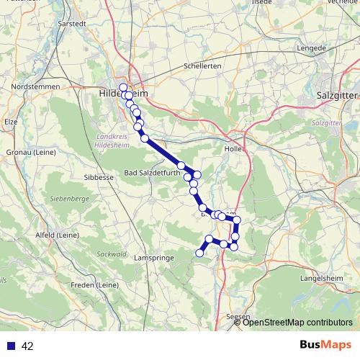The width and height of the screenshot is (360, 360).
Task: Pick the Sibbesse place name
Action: pyautogui.click(x=99, y=176)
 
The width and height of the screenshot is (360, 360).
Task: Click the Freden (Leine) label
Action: pyautogui.click(x=96, y=285)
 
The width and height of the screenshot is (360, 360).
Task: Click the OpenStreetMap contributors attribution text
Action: pyautogui.click(x=297, y=323)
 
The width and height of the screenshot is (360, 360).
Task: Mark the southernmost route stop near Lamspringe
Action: pyautogui.click(x=199, y=252)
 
